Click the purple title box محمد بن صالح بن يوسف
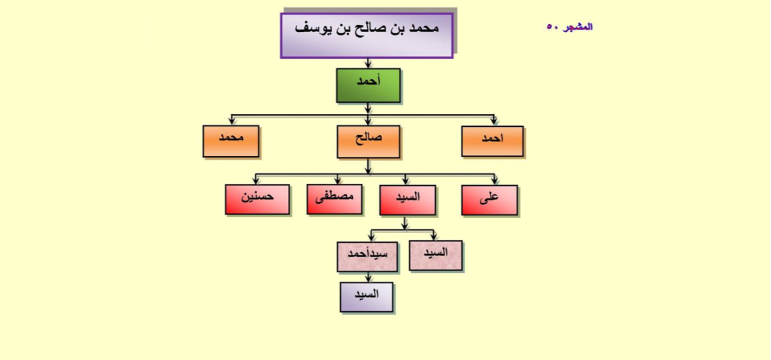tap(367, 35)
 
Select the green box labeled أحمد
tap(368, 85)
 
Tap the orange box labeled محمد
tap(231, 141)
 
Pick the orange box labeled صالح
tap(368, 142)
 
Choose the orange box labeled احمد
tap(493, 141)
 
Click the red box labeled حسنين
tap(257, 200)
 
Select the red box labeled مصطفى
tap(335, 200)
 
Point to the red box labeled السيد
tap(408, 200)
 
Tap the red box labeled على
tap(489, 200)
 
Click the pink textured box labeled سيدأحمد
tap(368, 257)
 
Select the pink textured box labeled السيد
tap(436, 255)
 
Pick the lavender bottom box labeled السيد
tap(367, 297)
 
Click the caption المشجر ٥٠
tap(570, 27)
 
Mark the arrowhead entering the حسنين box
tap(256, 181)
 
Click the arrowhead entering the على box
tap(495, 181)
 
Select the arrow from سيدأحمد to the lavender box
tap(368, 277)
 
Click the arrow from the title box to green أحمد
tap(368, 63)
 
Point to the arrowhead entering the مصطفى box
tap(338, 181)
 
